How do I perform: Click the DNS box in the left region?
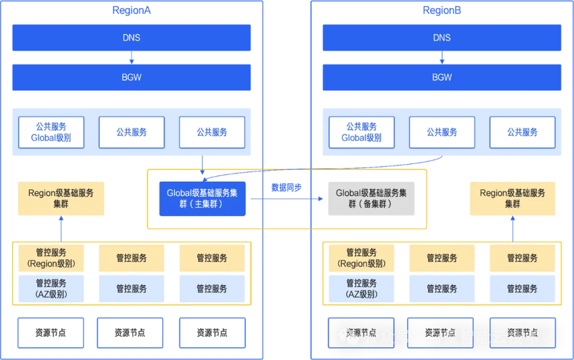pyautogui.click(x=132, y=38)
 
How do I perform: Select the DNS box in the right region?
pyautogui.click(x=442, y=38)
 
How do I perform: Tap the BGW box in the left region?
pyautogui.click(x=132, y=77)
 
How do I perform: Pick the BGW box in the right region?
pyautogui.click(x=442, y=77)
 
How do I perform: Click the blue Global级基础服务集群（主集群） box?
pyautogui.click(x=202, y=199)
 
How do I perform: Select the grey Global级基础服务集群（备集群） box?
pyautogui.click(x=371, y=199)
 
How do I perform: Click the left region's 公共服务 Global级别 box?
pyautogui.click(x=51, y=132)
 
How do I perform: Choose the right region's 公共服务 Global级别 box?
pyautogui.click(x=361, y=132)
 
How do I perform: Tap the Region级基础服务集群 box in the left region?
pyautogui.click(x=61, y=199)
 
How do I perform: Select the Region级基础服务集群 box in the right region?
pyautogui.click(x=512, y=199)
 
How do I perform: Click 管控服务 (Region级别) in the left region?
pyautogui.click(x=51, y=258)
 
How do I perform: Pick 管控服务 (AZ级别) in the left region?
pyautogui.click(x=51, y=288)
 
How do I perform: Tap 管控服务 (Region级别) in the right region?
pyautogui.click(x=361, y=258)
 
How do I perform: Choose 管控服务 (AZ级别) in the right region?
pyautogui.click(x=361, y=288)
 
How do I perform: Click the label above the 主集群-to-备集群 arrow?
pyautogui.click(x=286, y=187)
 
